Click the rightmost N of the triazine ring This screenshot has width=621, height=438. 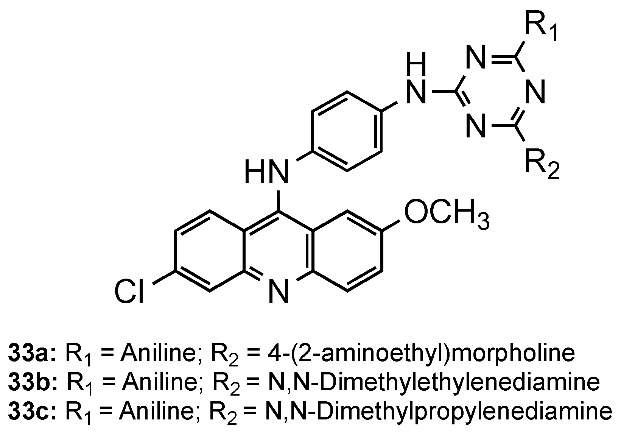536,92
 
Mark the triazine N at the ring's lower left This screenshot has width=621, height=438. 476,125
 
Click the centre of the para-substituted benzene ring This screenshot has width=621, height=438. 346,131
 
